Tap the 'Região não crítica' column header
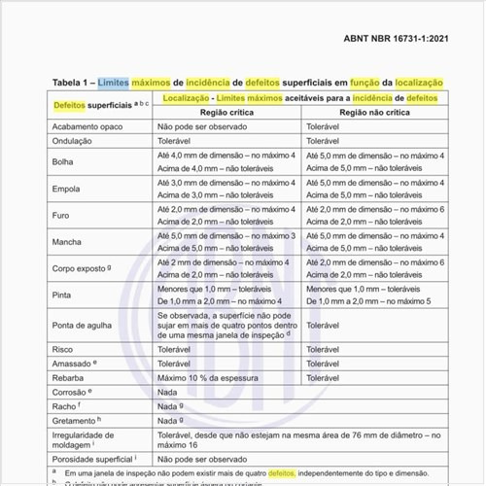click(x=373, y=113)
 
